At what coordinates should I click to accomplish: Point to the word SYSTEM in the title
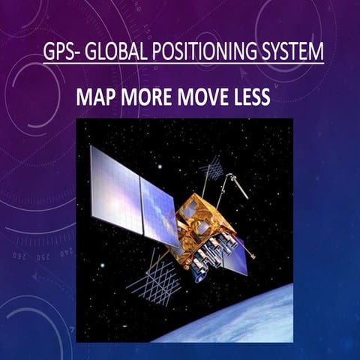pos(290,53)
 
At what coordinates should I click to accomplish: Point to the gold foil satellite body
pos(200,225)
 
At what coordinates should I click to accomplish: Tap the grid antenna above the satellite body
pos(211,171)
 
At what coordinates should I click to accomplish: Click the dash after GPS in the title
pos(77,55)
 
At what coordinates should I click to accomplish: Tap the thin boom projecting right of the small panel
pos(251,254)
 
